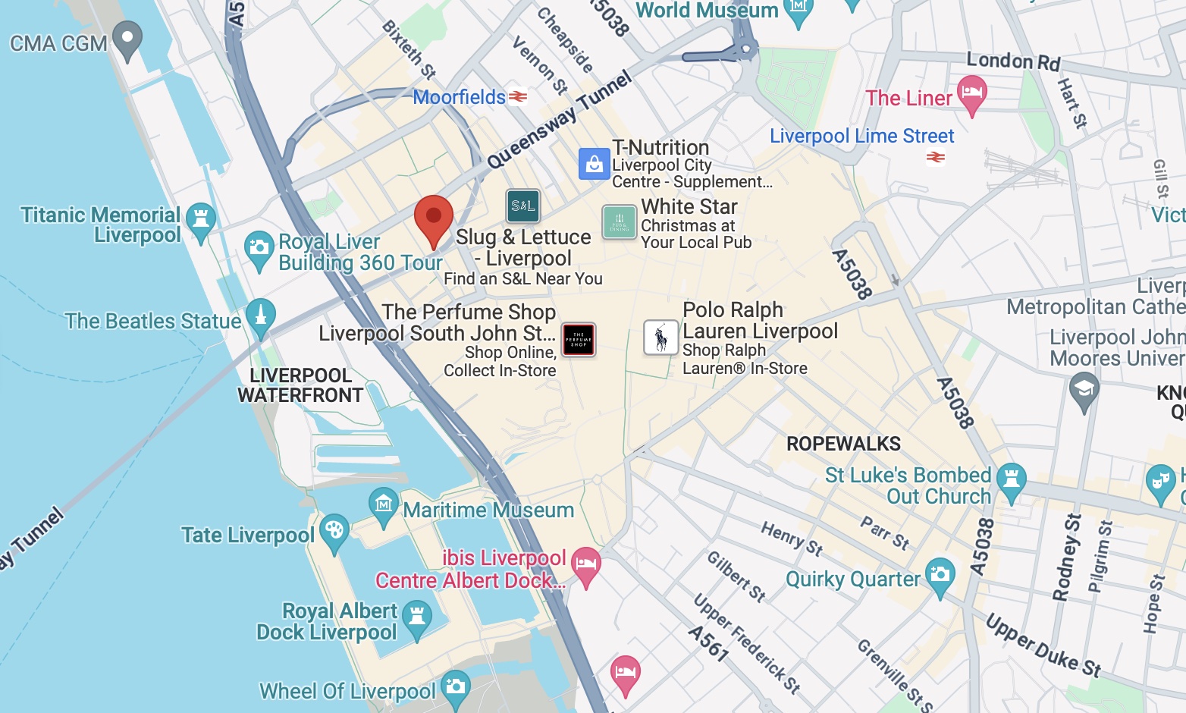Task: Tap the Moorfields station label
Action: (459, 97)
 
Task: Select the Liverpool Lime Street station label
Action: (861, 136)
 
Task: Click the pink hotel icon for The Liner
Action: (972, 93)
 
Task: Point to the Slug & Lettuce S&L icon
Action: (523, 206)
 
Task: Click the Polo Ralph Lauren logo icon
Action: (660, 338)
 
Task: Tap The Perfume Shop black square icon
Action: (579, 340)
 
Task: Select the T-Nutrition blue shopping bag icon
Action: (595, 164)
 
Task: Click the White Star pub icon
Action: (619, 222)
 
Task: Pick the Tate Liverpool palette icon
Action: (334, 531)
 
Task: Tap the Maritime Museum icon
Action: (384, 504)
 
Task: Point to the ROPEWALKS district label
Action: (843, 444)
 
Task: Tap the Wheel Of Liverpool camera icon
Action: (455, 686)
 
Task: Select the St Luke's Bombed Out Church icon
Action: (1011, 480)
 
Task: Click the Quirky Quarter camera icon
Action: (940, 574)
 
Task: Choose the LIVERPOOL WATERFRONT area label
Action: (300, 385)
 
